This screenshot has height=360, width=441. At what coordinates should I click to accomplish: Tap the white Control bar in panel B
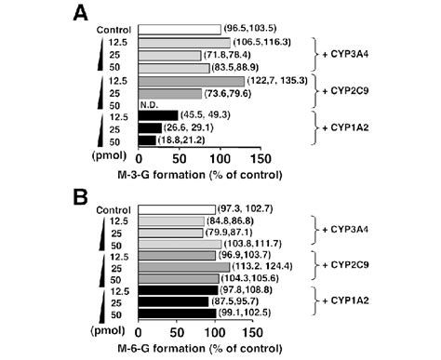tap(175, 210)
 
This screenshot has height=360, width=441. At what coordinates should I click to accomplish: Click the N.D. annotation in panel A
tap(149, 104)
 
